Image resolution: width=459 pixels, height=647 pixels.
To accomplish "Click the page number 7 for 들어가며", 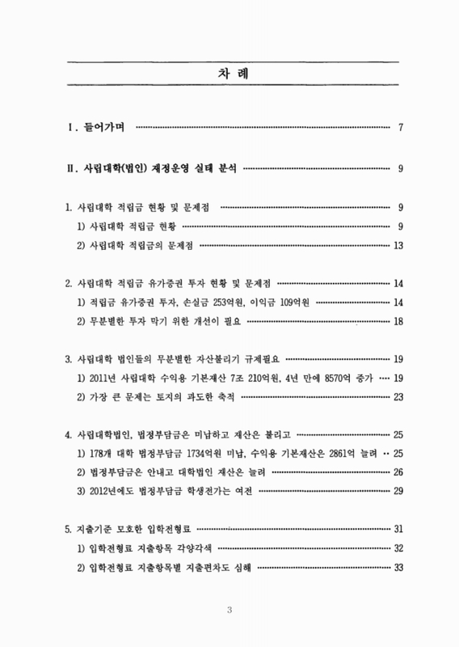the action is coord(402,127).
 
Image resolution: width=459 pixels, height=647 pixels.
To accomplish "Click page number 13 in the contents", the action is coord(398,245).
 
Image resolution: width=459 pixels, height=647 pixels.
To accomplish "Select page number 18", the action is coord(398,321).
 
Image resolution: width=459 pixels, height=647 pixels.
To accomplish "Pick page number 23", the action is coord(398,397).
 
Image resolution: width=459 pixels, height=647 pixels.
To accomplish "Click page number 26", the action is coord(398,473).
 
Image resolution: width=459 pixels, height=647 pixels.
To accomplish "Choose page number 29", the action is coord(398,492).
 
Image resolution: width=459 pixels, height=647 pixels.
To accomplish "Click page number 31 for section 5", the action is coord(398,530).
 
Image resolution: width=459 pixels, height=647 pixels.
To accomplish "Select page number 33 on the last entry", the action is coord(398,568).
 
